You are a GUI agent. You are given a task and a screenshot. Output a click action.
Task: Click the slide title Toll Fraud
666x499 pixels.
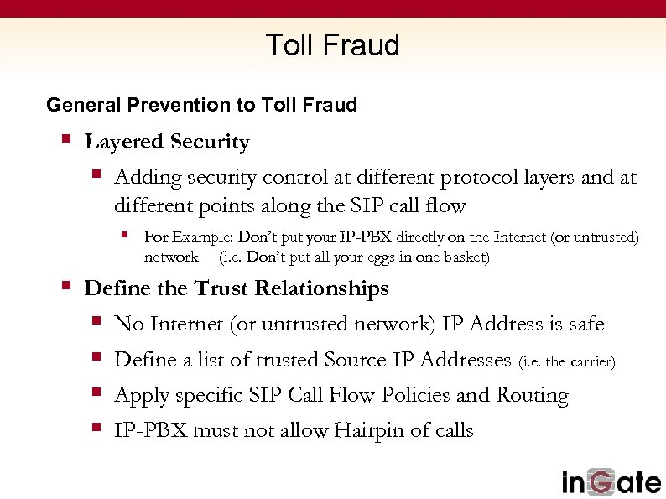pyautogui.click(x=332, y=44)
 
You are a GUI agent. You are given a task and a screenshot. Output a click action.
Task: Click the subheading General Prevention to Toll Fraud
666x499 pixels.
pyautogui.click(x=201, y=105)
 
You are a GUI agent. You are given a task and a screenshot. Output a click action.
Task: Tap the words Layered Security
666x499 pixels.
pyautogui.click(x=167, y=143)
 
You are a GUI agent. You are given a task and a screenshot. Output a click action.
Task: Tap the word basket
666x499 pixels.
pyautogui.click(x=465, y=257)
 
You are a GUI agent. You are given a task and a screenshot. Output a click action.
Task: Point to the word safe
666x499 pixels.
pyautogui.click(x=584, y=324)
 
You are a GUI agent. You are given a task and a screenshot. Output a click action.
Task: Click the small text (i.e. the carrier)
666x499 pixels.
pyautogui.click(x=568, y=362)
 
